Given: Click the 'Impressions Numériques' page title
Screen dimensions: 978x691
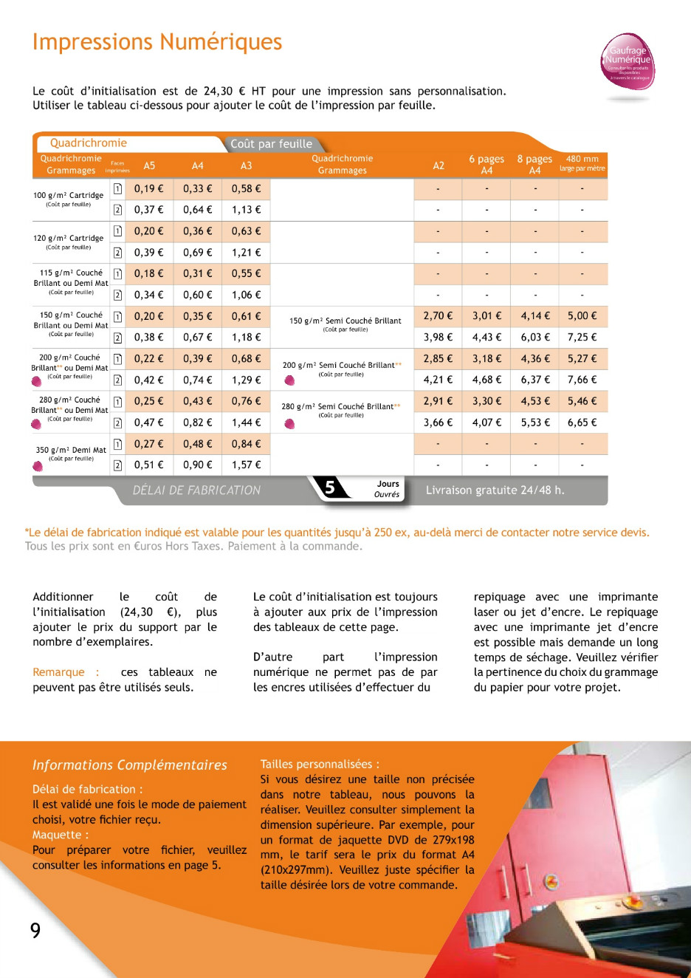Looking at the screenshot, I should [157, 42].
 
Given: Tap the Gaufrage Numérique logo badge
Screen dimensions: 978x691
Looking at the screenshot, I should [628, 62].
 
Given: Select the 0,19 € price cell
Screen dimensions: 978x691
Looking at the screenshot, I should [148, 189].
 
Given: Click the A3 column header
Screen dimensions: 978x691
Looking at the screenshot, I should [246, 165].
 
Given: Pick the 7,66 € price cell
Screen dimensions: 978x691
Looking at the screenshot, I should [582, 380].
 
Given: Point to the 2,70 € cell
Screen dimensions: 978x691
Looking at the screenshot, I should [438, 316].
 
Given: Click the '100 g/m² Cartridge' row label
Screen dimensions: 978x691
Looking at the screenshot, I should [69, 196].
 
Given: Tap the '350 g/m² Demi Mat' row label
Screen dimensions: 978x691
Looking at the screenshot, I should [71, 450].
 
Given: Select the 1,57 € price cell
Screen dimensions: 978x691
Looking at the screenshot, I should [246, 465].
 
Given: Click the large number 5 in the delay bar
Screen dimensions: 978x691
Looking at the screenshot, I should [330, 488].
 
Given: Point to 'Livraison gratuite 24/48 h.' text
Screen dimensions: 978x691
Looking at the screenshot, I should [495, 490].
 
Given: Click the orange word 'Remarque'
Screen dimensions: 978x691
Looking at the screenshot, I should [58, 672].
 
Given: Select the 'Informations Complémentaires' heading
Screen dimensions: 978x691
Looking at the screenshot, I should [129, 765].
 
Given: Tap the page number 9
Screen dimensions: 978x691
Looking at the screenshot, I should [35, 931].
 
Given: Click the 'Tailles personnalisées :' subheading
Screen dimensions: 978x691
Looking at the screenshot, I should [320, 765].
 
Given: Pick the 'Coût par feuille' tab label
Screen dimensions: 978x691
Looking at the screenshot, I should [271, 144].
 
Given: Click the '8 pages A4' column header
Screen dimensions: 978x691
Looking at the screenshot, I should [534, 164].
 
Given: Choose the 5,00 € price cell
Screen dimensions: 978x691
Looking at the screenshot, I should [582, 316].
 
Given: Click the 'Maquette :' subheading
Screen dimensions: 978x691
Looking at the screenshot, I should [61, 835].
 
